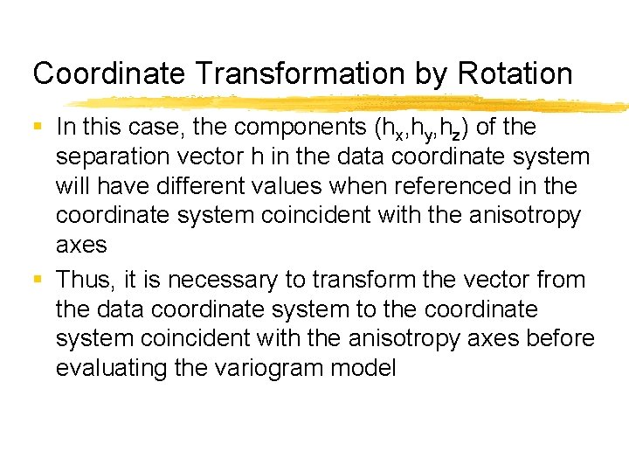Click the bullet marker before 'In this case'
click(x=38, y=128)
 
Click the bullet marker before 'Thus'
click(x=38, y=280)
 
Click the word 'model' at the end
click(x=368, y=368)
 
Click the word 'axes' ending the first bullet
click(x=80, y=246)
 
